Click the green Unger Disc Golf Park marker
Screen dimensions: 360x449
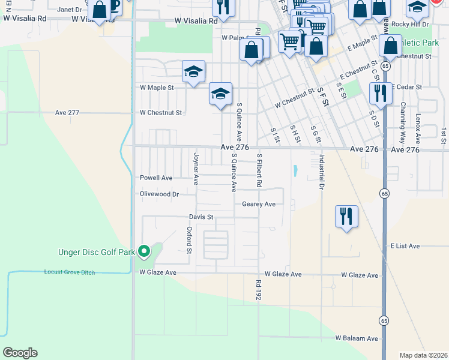[x=143, y=251]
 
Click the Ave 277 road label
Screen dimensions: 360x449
[x=67, y=112]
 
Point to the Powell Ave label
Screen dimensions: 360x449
[x=156, y=178]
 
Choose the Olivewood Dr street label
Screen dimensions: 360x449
[x=159, y=194]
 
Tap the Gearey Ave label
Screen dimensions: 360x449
[x=258, y=204]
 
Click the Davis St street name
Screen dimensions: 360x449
[x=201, y=217]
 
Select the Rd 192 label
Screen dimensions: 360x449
[x=259, y=289]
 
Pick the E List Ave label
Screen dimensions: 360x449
[x=405, y=246]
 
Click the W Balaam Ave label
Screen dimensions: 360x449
[x=357, y=338]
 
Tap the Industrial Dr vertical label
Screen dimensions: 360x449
[x=322, y=172]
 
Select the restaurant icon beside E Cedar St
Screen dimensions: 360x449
[x=380, y=93]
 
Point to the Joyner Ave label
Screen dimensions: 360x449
[x=196, y=167]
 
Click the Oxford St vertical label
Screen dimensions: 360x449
[x=188, y=239]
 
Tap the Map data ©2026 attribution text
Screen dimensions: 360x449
[x=423, y=355]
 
